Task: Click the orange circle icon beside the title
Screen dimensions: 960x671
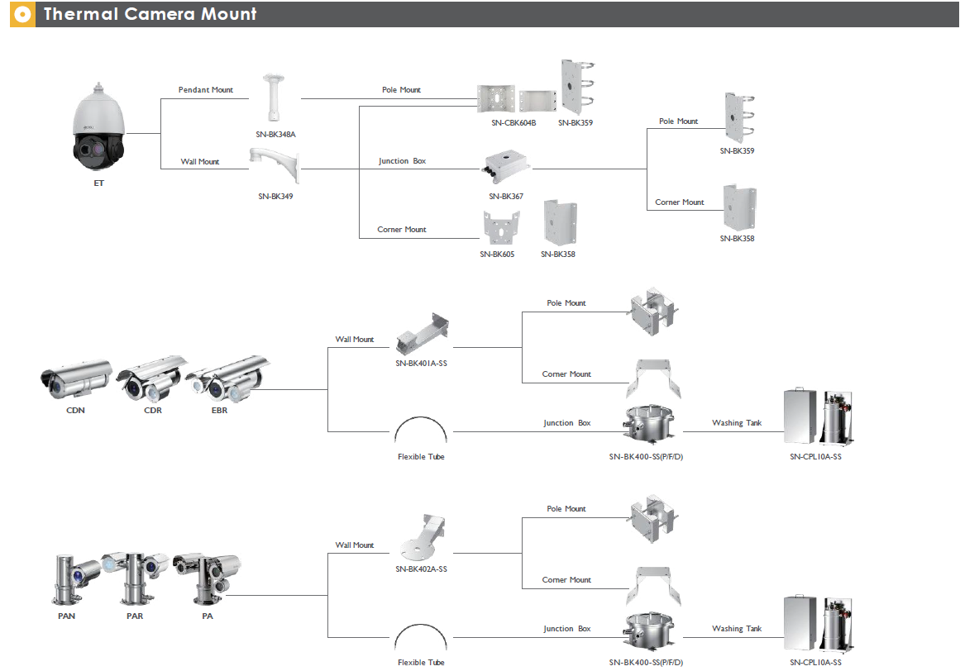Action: [x=22, y=14]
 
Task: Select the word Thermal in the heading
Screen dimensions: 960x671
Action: [x=80, y=14]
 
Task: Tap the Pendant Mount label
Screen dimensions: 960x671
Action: [x=206, y=90]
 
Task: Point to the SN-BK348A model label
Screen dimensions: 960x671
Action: [x=275, y=135]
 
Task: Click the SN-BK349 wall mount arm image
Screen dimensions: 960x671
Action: [x=275, y=164]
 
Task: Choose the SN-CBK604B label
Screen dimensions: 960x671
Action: [x=513, y=123]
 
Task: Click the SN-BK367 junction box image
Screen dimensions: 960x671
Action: [x=506, y=166]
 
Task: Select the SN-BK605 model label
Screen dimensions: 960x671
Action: [x=497, y=255]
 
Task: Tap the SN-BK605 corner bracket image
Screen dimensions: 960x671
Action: [x=501, y=227]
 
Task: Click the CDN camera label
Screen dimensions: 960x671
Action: [x=75, y=411]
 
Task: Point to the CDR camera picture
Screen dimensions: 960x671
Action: [x=152, y=378]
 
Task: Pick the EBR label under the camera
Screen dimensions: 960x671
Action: [x=219, y=411]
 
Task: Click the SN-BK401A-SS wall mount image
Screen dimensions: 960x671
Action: [x=422, y=334]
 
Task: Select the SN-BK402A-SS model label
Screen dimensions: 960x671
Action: [x=421, y=569]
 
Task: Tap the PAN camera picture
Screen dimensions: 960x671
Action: [x=75, y=579]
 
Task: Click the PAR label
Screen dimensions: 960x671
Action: [x=135, y=616]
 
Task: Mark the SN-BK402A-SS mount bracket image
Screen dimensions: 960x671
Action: [x=423, y=538]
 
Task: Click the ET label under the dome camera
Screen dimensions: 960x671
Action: [x=98, y=183]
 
